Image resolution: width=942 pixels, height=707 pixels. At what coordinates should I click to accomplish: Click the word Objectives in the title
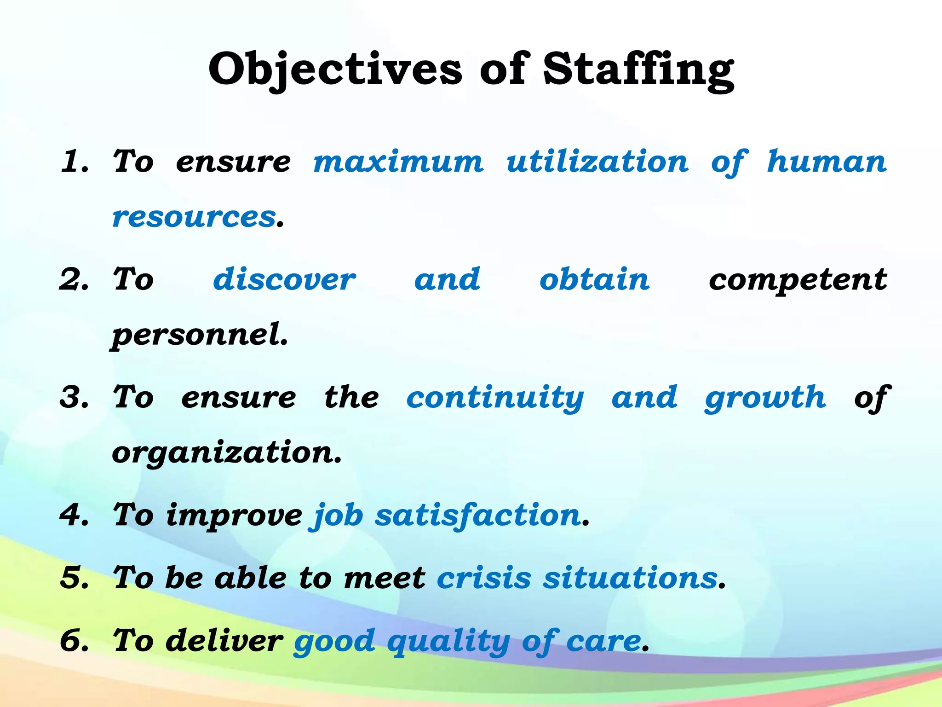[x=335, y=69]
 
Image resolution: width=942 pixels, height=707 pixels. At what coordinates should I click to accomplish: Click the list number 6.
[x=74, y=641]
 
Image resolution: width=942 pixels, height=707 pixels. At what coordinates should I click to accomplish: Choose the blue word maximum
[x=398, y=162]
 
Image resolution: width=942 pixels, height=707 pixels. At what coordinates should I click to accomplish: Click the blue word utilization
[x=597, y=162]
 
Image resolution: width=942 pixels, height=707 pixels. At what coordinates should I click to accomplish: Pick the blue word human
[x=827, y=162]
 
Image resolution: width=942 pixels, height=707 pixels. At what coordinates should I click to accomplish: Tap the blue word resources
[x=194, y=217]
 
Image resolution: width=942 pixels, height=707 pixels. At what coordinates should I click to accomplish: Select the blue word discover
[x=284, y=280]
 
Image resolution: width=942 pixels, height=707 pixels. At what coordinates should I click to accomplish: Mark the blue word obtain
[x=594, y=280]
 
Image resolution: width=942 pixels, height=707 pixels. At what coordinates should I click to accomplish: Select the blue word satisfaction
[x=477, y=516]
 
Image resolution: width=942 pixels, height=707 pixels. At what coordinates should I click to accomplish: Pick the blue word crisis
[x=484, y=578]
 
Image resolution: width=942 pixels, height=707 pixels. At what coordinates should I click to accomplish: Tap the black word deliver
[x=224, y=641]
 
